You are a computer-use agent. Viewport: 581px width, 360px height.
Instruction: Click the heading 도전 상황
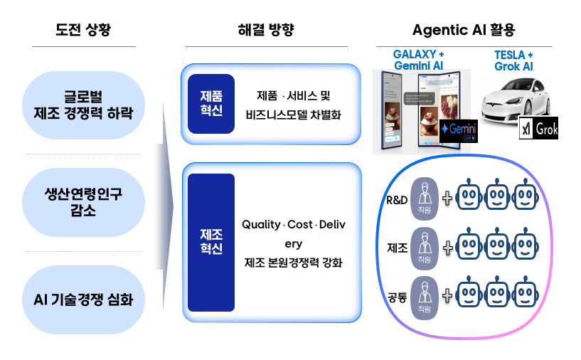pyautogui.click(x=84, y=30)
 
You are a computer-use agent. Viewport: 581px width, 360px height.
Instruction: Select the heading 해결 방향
pyautogui.click(x=266, y=30)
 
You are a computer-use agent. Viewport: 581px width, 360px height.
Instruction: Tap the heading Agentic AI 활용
pyautogui.click(x=464, y=30)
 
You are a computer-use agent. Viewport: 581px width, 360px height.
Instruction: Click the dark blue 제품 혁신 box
pyautogui.click(x=211, y=104)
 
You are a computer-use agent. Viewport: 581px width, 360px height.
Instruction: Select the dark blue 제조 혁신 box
pyautogui.click(x=211, y=242)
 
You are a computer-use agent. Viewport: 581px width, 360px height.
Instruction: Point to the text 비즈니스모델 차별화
pyautogui.click(x=294, y=114)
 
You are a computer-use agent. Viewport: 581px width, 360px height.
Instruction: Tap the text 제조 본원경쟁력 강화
pyautogui.click(x=294, y=263)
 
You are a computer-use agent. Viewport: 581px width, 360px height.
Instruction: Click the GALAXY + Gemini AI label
pyautogui.click(x=418, y=60)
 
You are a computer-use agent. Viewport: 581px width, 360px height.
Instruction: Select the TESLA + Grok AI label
pyautogui.click(x=513, y=60)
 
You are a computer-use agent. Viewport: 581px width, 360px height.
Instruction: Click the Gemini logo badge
pyautogui.click(x=457, y=131)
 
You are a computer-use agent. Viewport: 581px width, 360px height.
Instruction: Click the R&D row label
pyautogui.click(x=397, y=200)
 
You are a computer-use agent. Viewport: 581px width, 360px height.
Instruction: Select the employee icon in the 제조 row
pyautogui.click(x=425, y=248)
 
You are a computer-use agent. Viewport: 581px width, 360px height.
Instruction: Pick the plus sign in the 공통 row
pyautogui.click(x=447, y=295)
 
